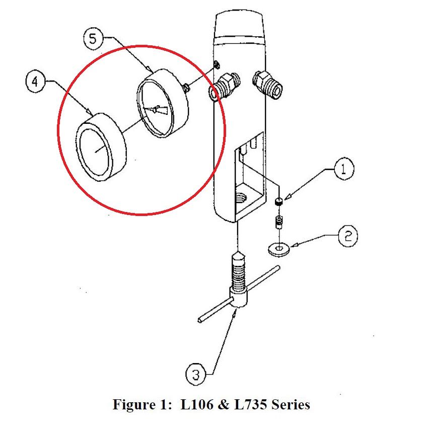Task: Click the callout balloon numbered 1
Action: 343,169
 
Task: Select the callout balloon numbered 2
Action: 347,235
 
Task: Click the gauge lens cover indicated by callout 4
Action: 100,147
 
